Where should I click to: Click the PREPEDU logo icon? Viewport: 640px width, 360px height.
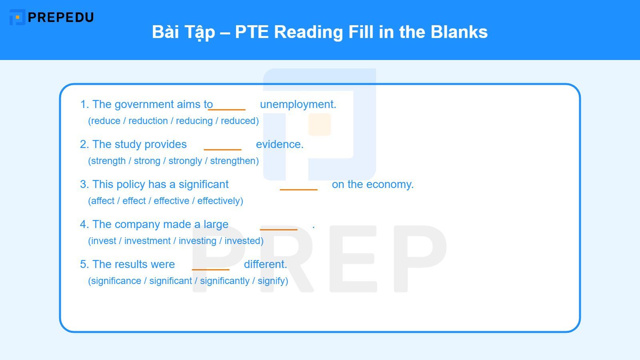(17, 17)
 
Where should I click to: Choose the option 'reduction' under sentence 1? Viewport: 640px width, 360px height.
(148, 121)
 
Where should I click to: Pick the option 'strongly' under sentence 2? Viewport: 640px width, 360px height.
(185, 161)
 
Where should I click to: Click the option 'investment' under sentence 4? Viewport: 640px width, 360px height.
(147, 241)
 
